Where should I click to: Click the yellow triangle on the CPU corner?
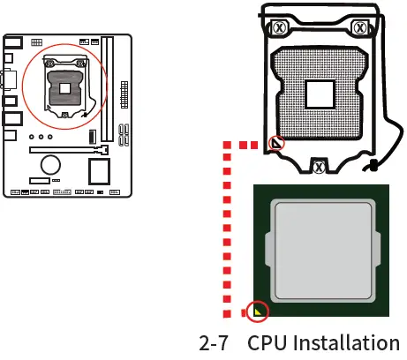click(259, 310)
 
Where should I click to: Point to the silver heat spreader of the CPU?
click(321, 250)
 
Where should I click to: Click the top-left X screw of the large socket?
click(278, 28)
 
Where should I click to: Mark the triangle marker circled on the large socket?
click(276, 143)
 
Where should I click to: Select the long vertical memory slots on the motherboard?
click(107, 89)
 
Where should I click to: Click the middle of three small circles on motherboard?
click(41, 138)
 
